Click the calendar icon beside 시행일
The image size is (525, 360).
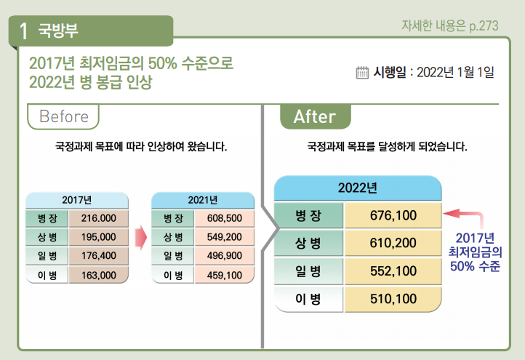click(x=362, y=72)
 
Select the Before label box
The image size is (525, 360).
click(x=63, y=116)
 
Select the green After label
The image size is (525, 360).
click(x=315, y=116)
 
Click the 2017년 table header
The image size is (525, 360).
click(x=76, y=200)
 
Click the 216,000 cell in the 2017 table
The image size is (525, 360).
click(x=99, y=217)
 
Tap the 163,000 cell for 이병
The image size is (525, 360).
click(x=99, y=275)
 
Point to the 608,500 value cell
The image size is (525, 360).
click(x=224, y=217)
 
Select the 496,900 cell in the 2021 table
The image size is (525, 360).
click(x=224, y=256)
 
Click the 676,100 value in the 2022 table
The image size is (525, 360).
click(x=393, y=215)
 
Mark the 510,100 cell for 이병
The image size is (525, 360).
click(x=393, y=298)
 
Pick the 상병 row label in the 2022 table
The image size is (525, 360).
click(x=308, y=243)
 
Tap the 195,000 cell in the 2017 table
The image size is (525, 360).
click(x=99, y=237)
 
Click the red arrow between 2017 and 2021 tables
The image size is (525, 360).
click(x=140, y=237)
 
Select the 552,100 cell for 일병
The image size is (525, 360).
click(x=393, y=271)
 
